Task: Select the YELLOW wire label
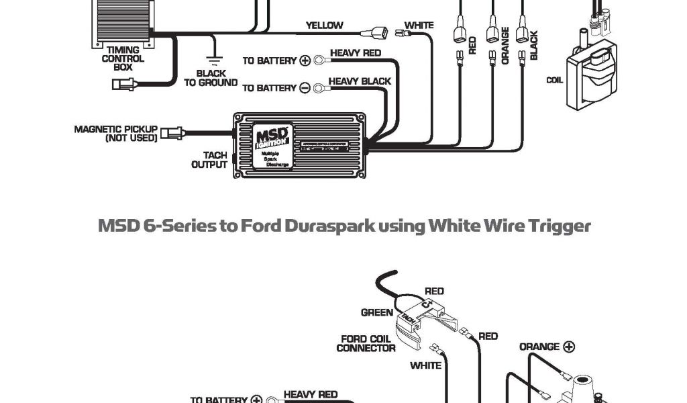click(x=324, y=26)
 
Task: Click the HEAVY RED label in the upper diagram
click(x=356, y=53)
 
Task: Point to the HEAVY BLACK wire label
click(x=360, y=81)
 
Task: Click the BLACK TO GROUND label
click(x=211, y=78)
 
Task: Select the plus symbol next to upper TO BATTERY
click(x=305, y=60)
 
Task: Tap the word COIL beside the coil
click(x=554, y=81)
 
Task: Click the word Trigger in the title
click(x=558, y=226)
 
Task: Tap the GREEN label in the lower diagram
click(x=376, y=312)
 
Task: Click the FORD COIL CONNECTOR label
click(x=366, y=343)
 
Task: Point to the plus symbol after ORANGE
click(x=568, y=347)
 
